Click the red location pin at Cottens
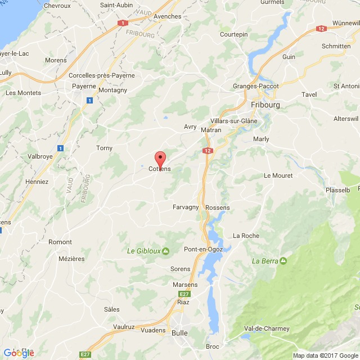tap(160, 158)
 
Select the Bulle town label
tap(179, 332)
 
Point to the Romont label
tap(60, 242)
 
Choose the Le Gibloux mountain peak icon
tap(165, 251)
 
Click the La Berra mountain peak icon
tap(282, 260)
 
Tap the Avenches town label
tap(168, 16)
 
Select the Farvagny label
tap(186, 207)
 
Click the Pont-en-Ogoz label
tap(205, 249)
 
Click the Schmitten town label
tap(336, 46)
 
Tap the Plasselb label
tap(337, 190)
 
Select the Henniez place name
tap(37, 182)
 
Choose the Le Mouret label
tap(278, 175)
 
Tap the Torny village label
tap(104, 148)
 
